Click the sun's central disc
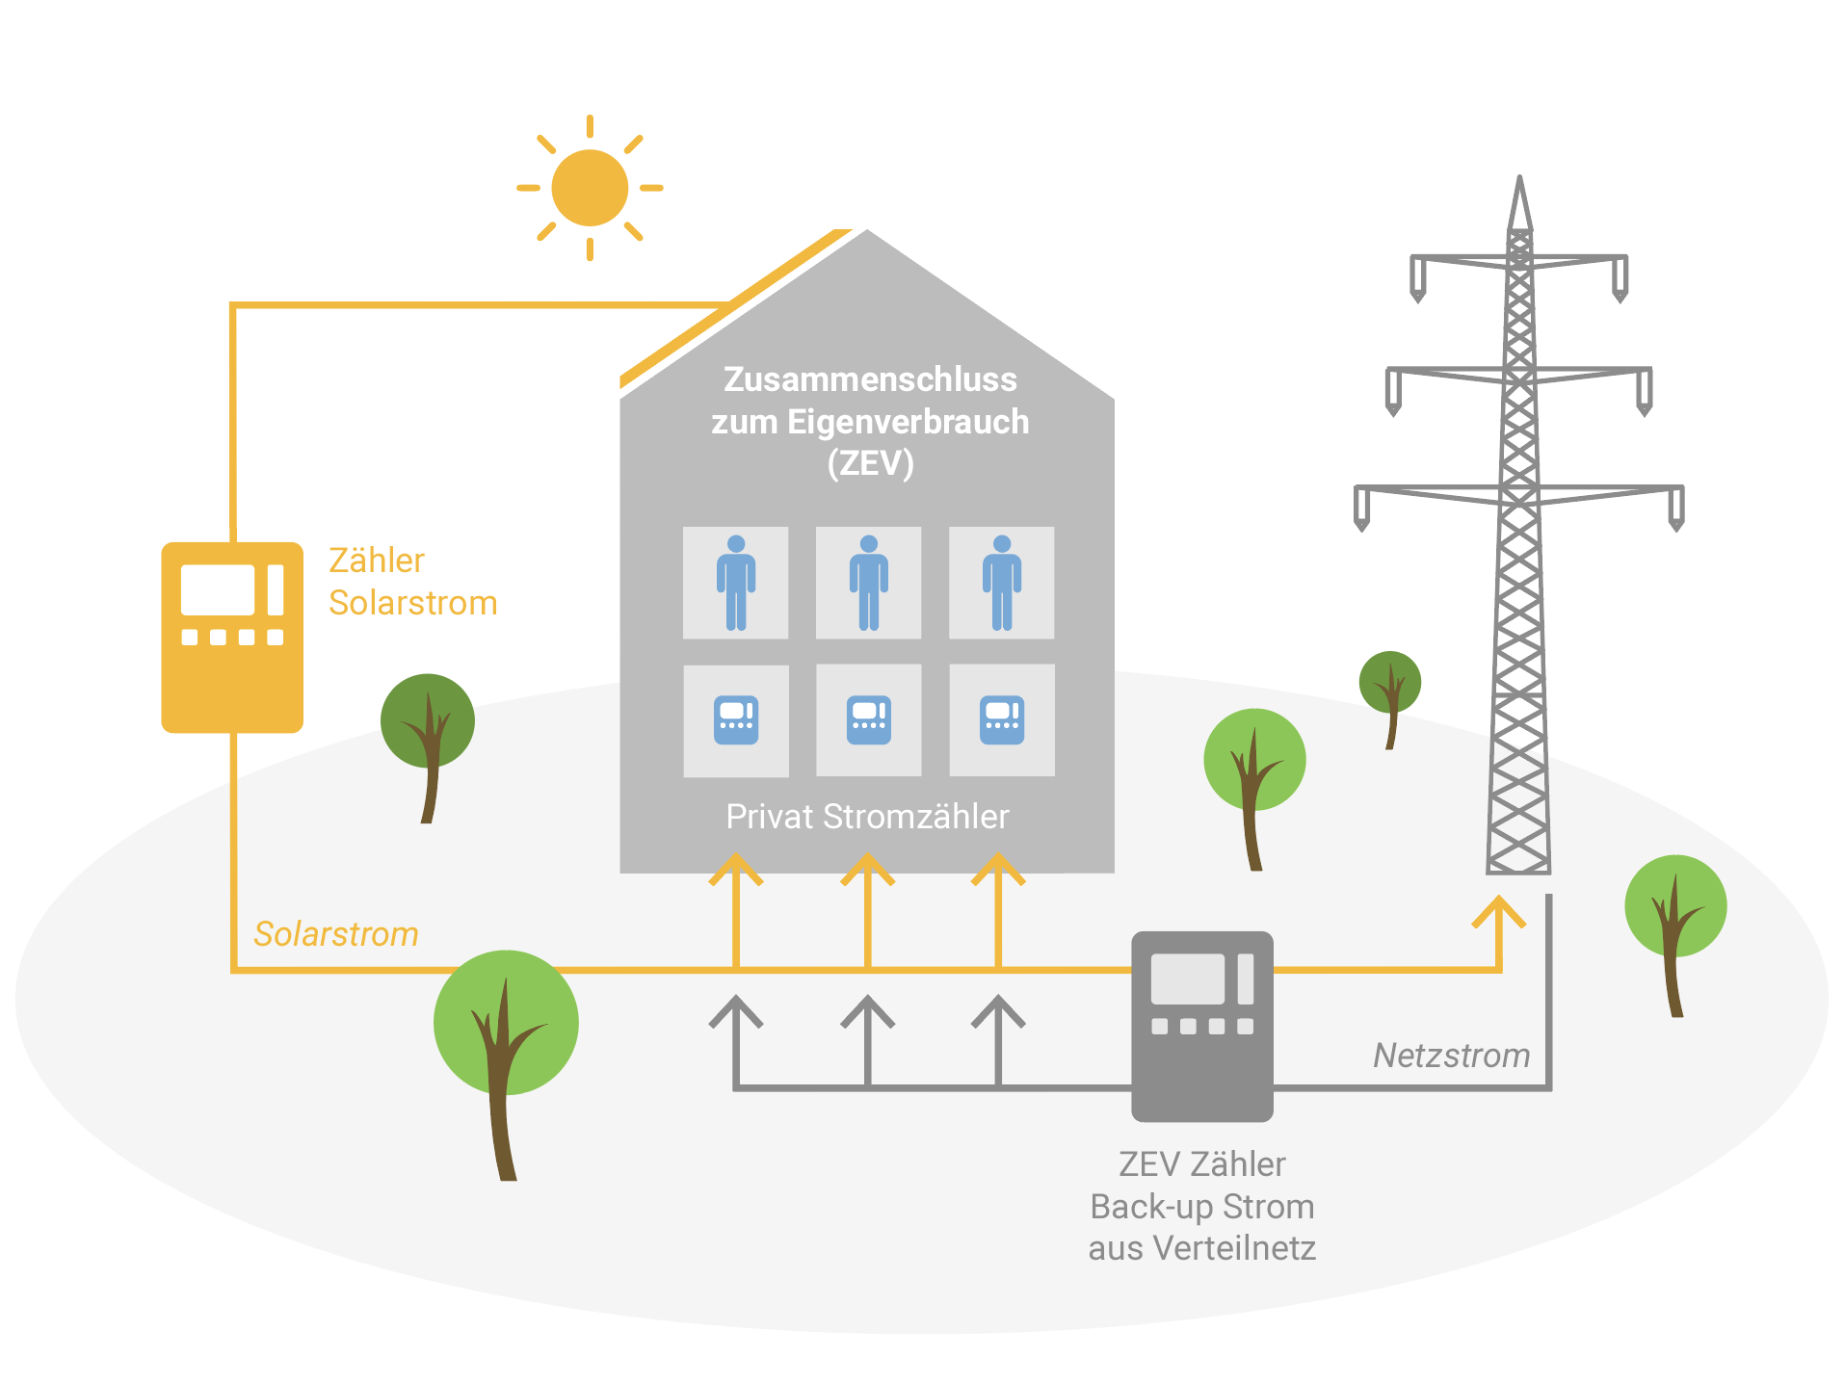tap(590, 188)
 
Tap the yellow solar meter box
tap(232, 637)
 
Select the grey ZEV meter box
tap(1202, 1026)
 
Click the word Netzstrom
tap(1451, 1056)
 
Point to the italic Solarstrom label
tap(336, 934)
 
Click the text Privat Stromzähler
tap(867, 817)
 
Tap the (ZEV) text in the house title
tap(870, 463)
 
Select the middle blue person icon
tap(869, 583)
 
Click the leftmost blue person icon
tap(736, 583)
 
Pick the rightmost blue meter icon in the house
tap(1002, 720)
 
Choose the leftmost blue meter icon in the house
tap(736, 720)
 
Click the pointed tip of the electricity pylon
tap(1519, 177)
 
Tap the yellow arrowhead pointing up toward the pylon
tap(1499, 911)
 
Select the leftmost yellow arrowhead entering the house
tap(736, 869)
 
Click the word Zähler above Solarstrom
tap(377, 561)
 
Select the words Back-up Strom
tap(1202, 1207)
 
